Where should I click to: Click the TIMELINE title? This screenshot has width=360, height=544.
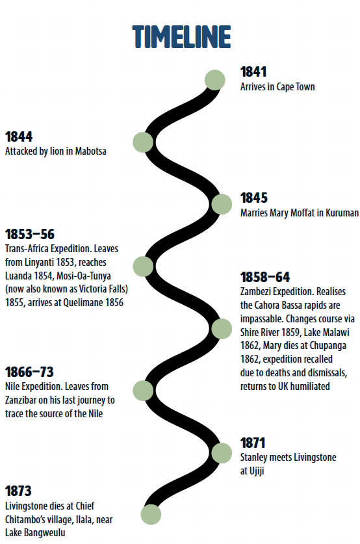tap(181, 36)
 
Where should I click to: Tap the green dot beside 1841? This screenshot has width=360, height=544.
tap(215, 80)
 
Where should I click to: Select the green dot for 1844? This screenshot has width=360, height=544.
tap(143, 142)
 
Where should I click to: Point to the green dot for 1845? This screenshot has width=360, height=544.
tap(222, 204)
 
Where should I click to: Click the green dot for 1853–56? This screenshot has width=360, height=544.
tap(143, 266)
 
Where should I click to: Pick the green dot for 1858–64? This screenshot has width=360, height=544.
tap(222, 329)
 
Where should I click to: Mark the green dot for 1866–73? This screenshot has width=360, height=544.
tap(143, 391)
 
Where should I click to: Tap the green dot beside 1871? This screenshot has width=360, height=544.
tap(222, 453)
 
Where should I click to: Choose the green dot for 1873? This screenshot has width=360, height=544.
tap(151, 514)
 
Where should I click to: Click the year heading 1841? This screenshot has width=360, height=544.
tap(253, 71)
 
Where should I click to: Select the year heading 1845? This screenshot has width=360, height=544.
tap(254, 198)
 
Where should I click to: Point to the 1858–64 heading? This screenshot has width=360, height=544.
tap(265, 277)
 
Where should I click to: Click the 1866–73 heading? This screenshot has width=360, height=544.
tap(29, 372)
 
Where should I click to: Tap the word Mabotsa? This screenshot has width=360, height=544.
tap(90, 151)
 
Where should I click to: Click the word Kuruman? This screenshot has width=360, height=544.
tap(342, 213)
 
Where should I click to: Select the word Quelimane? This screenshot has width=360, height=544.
tap(83, 302)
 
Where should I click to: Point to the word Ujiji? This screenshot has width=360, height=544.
tap(257, 471)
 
